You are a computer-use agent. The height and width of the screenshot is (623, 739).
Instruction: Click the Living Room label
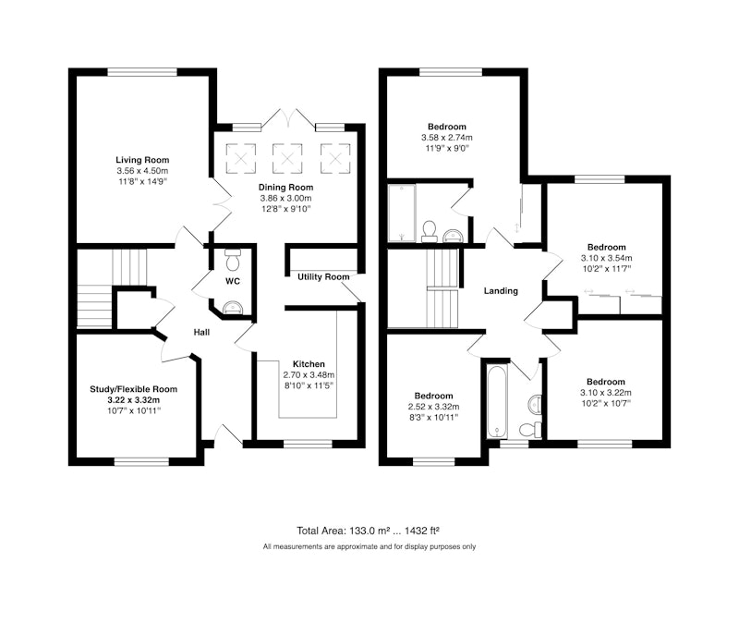(142, 160)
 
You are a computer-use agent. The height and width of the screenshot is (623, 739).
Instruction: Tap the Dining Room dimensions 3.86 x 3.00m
(285, 199)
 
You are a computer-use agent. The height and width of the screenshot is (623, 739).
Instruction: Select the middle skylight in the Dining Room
(287, 158)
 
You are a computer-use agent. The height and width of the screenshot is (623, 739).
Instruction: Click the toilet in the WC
(233, 259)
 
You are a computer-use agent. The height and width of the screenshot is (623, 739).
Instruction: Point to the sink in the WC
(233, 308)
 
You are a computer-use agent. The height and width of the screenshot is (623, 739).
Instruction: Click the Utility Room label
(323, 276)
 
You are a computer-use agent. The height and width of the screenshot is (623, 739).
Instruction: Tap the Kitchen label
(309, 364)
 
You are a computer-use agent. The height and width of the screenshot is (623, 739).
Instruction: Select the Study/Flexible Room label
(134, 389)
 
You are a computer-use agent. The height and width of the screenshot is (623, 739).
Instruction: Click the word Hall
(201, 333)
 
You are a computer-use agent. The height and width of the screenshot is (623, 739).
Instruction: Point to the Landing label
(501, 291)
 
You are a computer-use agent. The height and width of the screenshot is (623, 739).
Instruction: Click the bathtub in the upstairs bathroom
(497, 401)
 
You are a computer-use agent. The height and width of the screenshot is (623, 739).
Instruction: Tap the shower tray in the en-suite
(402, 214)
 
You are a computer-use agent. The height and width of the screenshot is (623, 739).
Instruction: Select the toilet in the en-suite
(429, 231)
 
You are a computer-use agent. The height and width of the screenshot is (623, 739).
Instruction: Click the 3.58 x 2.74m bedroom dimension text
(447, 138)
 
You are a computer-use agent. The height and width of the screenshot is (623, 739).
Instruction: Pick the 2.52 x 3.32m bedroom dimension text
(433, 407)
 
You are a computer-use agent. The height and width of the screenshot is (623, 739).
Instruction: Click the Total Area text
(368, 531)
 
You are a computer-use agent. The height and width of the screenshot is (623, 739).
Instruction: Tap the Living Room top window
(142, 72)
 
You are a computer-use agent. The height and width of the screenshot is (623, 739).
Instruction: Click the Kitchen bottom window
(309, 445)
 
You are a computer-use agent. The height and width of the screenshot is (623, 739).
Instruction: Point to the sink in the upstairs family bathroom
(534, 404)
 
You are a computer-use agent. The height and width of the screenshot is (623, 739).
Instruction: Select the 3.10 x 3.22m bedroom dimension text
(606, 393)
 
